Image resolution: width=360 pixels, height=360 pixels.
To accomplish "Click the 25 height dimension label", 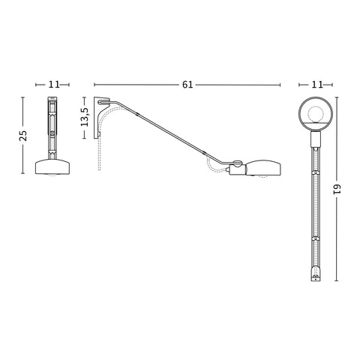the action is pos(23,136).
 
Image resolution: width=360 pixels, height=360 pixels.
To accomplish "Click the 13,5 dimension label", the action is pos(85,117).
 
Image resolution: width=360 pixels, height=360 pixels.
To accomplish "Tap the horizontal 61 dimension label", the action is pos(187,85).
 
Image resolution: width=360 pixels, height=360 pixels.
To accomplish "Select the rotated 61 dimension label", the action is pos(337,189).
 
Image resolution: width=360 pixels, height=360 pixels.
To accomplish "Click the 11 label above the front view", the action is pos(54,85).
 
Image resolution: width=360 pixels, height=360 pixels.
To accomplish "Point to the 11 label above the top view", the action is pos(317,85).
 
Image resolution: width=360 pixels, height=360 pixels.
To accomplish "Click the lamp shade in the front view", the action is pos(52,166).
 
